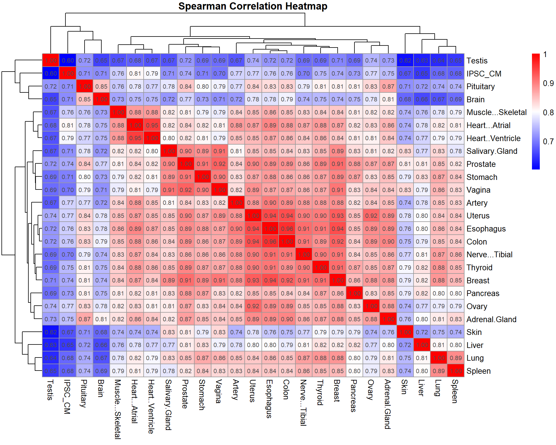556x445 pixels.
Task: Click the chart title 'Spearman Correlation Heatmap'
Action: point(253,6)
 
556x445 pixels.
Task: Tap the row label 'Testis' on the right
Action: point(477,61)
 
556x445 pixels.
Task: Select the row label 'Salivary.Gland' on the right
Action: point(492,151)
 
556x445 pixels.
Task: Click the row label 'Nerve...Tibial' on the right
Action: point(489,255)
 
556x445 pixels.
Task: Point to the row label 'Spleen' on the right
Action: point(478,371)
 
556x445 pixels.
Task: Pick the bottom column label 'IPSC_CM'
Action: point(67,397)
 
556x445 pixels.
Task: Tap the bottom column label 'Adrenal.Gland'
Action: point(388,404)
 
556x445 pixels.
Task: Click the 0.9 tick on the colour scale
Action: point(548,83)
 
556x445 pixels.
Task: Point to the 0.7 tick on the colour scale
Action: point(548,142)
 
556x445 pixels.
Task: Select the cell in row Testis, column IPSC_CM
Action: point(68,61)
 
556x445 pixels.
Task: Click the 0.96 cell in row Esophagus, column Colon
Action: point(287,229)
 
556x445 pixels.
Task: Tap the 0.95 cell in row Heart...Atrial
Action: point(152,125)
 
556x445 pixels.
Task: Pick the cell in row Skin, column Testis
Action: point(51,332)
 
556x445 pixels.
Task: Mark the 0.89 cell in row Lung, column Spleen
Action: point(456,358)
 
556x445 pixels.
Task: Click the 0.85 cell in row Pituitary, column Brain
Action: point(101,87)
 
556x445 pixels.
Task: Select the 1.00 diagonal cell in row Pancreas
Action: point(354,293)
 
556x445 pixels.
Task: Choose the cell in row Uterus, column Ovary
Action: point(371,216)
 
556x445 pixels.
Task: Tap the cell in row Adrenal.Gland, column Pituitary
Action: point(85,319)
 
